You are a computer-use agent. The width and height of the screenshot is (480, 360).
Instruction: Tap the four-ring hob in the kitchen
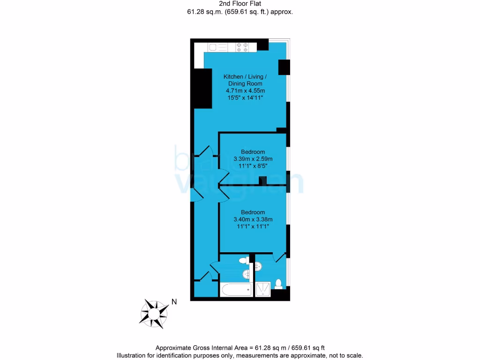tap(242, 46)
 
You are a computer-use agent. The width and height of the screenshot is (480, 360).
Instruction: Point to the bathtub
tap(236, 290)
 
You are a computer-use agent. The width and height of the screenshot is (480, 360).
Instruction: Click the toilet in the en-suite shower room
tap(278, 284)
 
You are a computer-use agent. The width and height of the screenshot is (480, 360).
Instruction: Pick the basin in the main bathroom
tap(246, 274)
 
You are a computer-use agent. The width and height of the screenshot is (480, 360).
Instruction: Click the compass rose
tap(154, 313)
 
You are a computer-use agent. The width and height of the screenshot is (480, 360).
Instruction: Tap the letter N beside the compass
tap(174, 302)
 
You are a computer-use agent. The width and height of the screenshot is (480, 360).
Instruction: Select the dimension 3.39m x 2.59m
tap(253, 159)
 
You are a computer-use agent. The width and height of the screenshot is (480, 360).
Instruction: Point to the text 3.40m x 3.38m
tap(253, 219)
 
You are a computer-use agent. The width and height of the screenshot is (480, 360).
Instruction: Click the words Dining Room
tap(242, 83)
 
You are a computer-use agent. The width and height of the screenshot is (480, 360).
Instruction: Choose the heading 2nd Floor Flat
tap(240, 4)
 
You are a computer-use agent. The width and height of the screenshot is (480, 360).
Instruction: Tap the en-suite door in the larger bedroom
tap(280, 257)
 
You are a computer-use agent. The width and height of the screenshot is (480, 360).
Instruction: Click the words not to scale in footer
tap(346, 356)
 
